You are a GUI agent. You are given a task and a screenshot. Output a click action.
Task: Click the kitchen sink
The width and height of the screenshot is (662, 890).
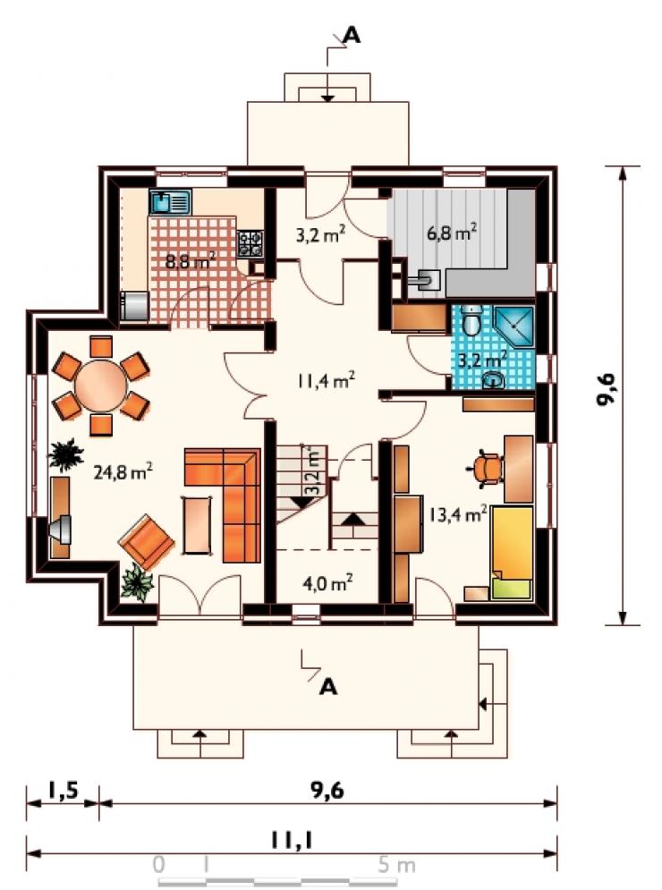[x=170, y=201]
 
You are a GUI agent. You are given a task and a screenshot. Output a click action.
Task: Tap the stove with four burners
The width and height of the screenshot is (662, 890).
[x=250, y=243]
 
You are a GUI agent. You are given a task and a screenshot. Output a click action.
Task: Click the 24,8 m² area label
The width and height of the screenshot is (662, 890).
[x=123, y=471]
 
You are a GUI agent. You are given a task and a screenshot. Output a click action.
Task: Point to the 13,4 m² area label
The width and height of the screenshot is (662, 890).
[x=458, y=514]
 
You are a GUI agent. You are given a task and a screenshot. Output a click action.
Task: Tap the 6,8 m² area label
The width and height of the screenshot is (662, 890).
[x=452, y=233]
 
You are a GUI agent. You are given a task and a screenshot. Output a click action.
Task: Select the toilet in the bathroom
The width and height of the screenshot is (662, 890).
[x=471, y=319]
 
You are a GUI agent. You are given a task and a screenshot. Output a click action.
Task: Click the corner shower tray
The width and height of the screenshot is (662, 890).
[x=514, y=327]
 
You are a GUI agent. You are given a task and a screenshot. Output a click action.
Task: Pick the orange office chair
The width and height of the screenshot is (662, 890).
[x=487, y=469]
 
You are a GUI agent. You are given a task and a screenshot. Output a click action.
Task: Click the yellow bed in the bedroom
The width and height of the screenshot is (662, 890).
[x=513, y=552]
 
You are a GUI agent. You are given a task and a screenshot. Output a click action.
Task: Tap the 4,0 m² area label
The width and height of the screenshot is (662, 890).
[x=328, y=583]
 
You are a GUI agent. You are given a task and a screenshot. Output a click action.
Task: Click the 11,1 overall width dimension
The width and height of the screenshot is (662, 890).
[x=292, y=841]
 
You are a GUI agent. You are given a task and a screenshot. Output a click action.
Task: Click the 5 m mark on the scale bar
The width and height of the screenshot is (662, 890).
[x=396, y=865]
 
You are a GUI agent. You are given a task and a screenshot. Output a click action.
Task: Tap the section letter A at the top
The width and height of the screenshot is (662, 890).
[x=352, y=35]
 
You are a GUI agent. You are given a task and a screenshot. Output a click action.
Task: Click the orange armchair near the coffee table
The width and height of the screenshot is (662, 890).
[x=147, y=541]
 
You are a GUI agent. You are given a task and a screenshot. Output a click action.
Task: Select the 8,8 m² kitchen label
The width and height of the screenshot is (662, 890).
[x=191, y=261]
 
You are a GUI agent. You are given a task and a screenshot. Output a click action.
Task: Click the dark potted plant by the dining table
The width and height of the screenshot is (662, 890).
[x=66, y=454]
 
